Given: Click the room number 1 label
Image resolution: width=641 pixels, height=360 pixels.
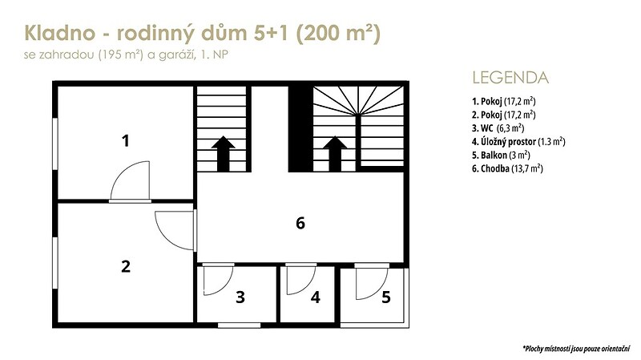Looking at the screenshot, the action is [x=126, y=141].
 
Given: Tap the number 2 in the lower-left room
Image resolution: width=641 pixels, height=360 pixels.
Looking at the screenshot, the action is [x=126, y=266].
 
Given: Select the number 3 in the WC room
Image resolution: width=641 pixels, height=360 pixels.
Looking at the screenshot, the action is [x=240, y=297].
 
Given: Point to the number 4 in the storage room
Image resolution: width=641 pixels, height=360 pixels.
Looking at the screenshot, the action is [x=315, y=297].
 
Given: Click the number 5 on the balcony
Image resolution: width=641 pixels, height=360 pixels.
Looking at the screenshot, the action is [x=386, y=297].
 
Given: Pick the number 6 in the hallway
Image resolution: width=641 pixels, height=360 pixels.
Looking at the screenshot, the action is [x=300, y=223].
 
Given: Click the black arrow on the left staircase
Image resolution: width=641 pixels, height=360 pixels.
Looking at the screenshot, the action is [x=223, y=154].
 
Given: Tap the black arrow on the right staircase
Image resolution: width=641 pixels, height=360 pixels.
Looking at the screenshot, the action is [x=335, y=154].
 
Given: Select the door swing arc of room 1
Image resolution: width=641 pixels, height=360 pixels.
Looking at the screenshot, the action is [x=121, y=172].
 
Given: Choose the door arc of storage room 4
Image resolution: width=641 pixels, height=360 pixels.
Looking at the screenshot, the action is [x=308, y=285].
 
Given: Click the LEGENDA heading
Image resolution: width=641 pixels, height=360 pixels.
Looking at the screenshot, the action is [x=510, y=78].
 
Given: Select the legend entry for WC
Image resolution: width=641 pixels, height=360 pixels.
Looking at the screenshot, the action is [x=498, y=128].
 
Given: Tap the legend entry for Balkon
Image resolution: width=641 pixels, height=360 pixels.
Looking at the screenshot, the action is [x=501, y=155].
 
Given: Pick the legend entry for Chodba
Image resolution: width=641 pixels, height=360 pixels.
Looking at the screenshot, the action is [x=507, y=168].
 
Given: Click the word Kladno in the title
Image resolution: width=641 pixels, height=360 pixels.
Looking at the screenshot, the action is [x=59, y=33].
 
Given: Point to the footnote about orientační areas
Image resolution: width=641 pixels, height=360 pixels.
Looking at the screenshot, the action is [x=576, y=349].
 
